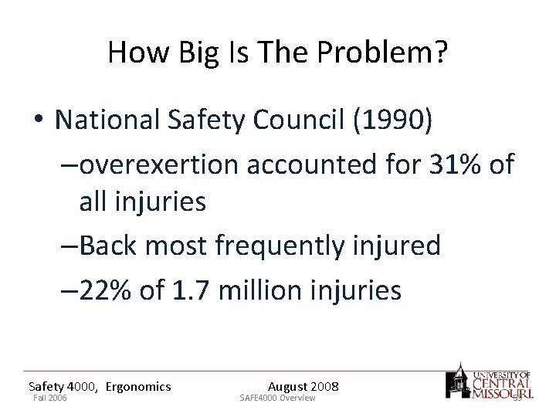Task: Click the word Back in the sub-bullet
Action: [x=108, y=246]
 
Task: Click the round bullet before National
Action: [x=38, y=121]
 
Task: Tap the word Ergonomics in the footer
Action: [x=138, y=386]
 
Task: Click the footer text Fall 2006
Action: [x=49, y=398]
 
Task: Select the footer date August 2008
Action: [x=303, y=386]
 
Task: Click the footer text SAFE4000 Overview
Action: [x=277, y=398]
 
